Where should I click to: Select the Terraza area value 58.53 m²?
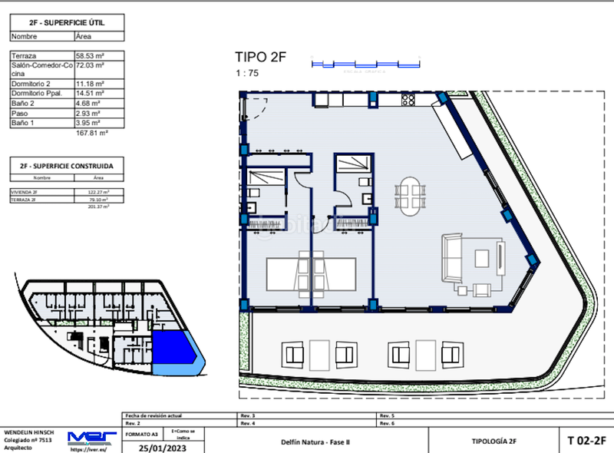click(90, 56)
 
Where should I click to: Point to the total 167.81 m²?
click(91, 133)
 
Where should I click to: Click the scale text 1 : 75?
click(246, 73)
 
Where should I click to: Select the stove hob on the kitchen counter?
click(409, 99)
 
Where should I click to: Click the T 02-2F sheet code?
click(586, 441)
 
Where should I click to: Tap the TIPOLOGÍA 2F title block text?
click(493, 441)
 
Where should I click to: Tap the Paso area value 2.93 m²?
click(88, 113)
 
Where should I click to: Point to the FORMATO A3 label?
click(137, 433)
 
